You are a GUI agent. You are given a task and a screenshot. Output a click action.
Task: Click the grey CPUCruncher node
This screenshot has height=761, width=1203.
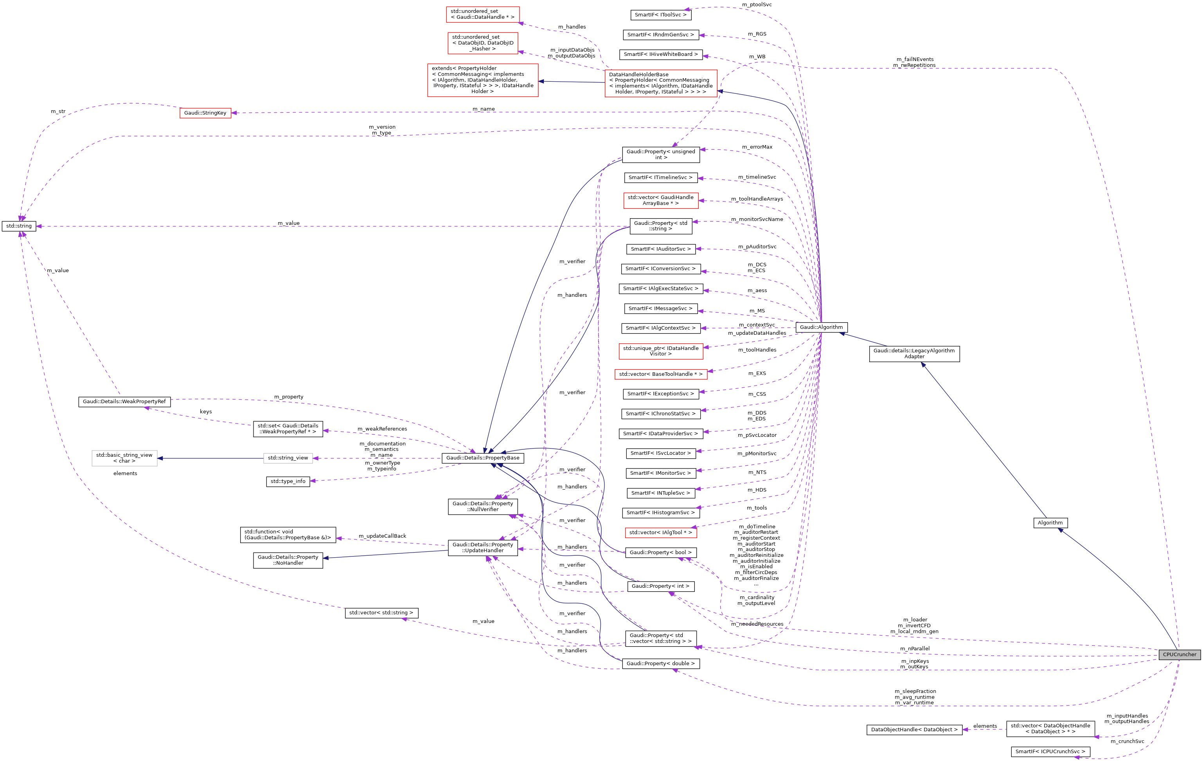[1179, 654]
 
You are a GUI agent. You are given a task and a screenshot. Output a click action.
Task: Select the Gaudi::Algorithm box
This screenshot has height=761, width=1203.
[821, 327]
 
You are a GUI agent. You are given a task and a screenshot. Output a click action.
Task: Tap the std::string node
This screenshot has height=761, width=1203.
[19, 226]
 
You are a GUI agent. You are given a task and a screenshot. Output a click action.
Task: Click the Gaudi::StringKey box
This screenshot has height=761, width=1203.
[205, 113]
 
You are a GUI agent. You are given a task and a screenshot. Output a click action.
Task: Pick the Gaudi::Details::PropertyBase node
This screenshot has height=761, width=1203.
[483, 458]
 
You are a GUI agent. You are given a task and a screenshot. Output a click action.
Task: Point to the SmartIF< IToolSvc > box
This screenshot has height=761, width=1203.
[660, 15]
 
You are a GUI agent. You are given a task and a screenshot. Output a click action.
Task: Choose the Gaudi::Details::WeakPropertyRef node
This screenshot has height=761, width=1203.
[124, 402]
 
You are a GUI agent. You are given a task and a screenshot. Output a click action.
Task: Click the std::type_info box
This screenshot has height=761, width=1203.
[288, 481]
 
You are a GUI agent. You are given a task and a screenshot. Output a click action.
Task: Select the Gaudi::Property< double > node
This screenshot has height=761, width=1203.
[660, 664]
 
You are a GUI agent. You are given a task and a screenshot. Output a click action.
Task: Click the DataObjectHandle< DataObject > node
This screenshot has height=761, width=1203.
[914, 730]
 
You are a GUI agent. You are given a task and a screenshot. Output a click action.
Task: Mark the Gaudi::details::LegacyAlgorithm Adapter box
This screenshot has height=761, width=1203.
[914, 354]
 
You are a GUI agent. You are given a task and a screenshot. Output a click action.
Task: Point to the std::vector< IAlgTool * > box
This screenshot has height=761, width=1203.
[660, 533]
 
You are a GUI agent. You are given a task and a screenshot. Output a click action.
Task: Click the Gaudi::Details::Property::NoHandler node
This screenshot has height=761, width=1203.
[288, 560]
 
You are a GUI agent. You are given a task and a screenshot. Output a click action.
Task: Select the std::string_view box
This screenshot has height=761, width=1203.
[288, 458]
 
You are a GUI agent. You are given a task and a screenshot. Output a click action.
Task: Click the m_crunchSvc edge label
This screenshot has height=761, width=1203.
[1127, 741]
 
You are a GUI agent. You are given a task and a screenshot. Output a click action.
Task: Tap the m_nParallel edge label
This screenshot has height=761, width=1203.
[915, 649]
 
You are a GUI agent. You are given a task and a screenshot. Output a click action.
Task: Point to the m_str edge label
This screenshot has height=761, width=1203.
[58, 111]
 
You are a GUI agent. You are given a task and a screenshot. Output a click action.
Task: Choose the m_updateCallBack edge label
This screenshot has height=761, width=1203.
[382, 536]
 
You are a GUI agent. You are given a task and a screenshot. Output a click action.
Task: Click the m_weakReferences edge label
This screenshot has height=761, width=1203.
[382, 429]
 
